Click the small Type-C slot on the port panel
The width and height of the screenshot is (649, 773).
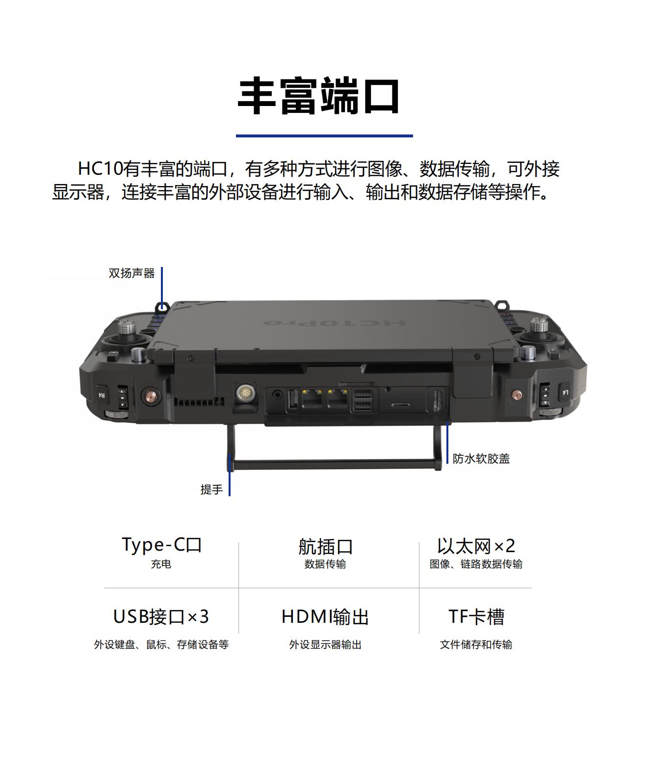[401, 405]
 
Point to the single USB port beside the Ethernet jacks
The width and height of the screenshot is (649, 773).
[293, 400]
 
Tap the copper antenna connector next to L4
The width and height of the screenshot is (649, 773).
[517, 395]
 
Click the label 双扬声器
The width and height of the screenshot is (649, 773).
[131, 273]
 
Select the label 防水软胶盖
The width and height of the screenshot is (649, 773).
[481, 459]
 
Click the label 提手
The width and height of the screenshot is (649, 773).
[211, 489]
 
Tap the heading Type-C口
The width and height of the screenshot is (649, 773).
[161, 545]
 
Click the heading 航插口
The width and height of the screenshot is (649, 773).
[325, 546]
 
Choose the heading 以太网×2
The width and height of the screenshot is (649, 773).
[476, 546]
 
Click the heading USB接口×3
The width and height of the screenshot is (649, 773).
[161, 617]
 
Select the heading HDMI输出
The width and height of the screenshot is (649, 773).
[325, 617]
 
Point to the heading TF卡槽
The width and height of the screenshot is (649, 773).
[476, 617]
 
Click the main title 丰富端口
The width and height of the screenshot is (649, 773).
[318, 96]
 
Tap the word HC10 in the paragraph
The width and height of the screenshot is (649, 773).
[100, 169]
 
